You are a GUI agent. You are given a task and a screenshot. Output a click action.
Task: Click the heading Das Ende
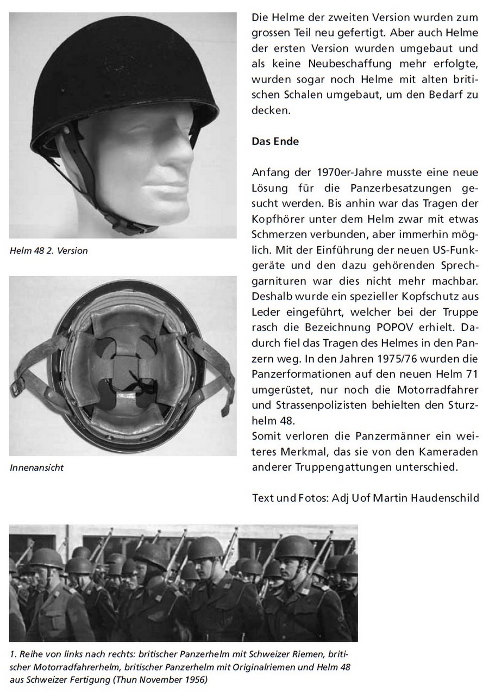coord(275,141)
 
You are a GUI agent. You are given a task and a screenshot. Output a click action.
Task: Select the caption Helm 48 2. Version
coord(48,251)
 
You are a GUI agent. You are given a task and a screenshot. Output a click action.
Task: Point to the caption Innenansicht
coord(36,467)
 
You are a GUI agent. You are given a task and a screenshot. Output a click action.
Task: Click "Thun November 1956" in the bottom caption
coord(166,680)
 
